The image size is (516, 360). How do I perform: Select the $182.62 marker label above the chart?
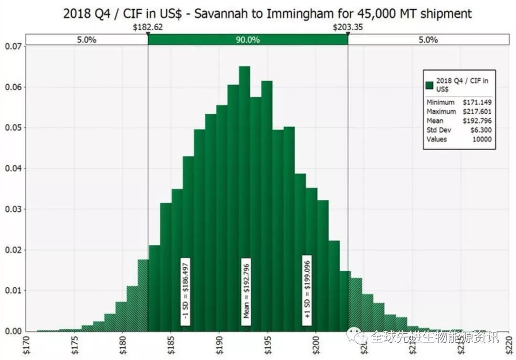pyautogui.click(x=148, y=27)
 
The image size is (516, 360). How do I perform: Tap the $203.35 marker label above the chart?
pyautogui.click(x=347, y=27)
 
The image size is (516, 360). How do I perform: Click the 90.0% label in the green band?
pyautogui.click(x=247, y=40)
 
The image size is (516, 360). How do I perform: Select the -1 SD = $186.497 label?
pyautogui.click(x=185, y=291)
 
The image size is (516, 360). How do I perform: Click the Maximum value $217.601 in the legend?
pyautogui.click(x=477, y=111)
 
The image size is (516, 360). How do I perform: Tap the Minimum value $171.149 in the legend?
pyautogui.click(x=477, y=102)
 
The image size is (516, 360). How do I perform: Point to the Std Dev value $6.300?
pyautogui.click(x=480, y=130)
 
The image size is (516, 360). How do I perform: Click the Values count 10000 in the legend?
pyautogui.click(x=482, y=139)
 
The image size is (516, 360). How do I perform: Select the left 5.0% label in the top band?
pyautogui.click(x=86, y=40)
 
